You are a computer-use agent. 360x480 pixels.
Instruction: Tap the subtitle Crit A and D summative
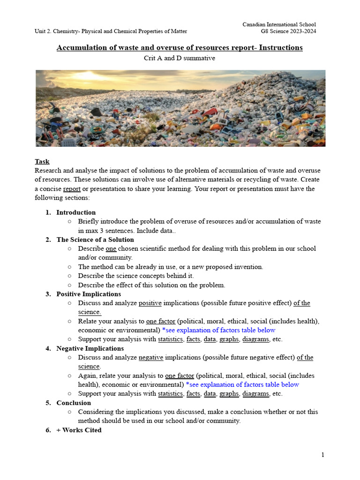180,58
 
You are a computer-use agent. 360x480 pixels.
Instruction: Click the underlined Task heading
42,161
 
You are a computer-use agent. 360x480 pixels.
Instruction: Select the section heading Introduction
76,212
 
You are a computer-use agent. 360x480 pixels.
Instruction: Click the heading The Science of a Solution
95,240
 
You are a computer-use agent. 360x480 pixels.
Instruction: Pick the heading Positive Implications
89,294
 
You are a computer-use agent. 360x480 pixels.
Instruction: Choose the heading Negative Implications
90,348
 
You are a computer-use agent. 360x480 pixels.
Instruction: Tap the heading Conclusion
74,403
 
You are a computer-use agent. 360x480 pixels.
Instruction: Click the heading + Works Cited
79,430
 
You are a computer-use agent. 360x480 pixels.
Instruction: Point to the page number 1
322,455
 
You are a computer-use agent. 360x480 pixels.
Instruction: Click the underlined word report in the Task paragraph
72,189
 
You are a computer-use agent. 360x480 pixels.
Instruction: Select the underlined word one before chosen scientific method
111,248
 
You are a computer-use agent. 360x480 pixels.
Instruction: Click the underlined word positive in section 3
150,303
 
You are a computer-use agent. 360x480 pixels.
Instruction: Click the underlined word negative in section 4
151,358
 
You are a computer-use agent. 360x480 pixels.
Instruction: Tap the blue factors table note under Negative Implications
242,384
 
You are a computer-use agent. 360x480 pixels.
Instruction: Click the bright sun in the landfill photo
87,76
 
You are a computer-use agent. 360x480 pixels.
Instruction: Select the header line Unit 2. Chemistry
111,31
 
